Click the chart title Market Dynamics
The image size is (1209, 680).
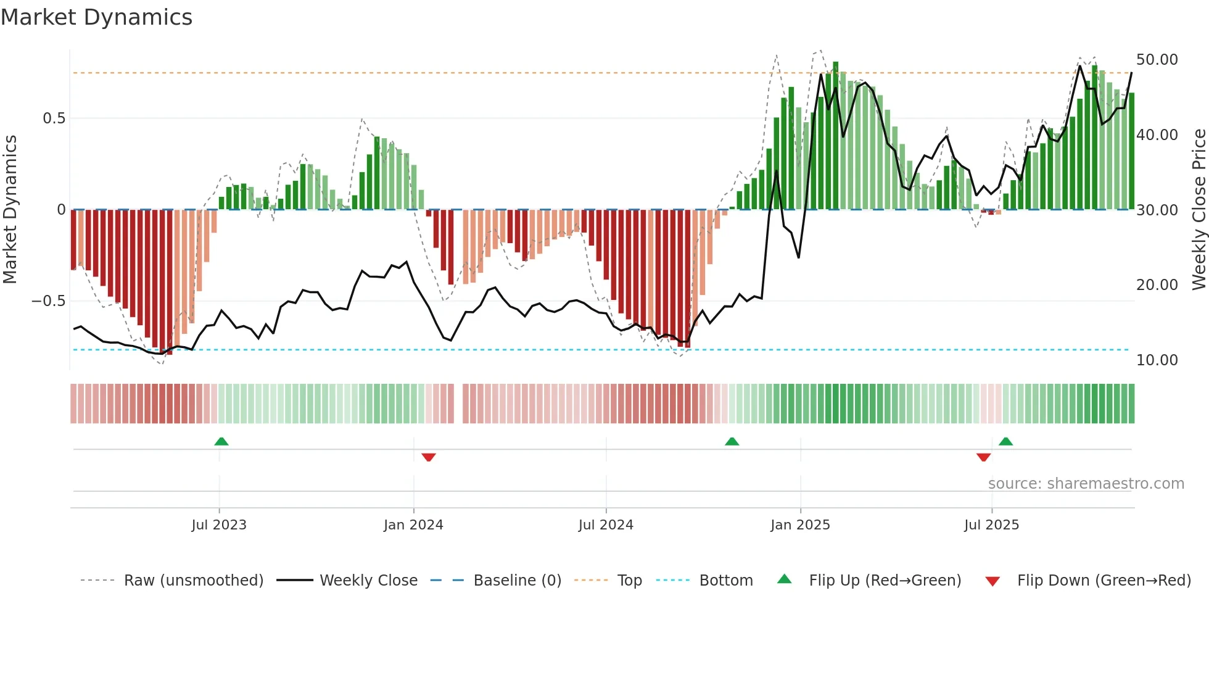pos(96,17)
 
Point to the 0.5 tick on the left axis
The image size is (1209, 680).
pos(54,118)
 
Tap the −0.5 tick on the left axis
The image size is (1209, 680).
pos(49,301)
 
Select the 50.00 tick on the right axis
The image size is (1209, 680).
pos(1157,60)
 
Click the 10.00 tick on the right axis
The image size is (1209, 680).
pos(1157,360)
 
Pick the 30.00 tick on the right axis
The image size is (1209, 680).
pos(1157,210)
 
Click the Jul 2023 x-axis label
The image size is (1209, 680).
pos(218,525)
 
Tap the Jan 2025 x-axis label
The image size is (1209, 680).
pos(800,525)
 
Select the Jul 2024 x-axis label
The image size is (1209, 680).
pos(606,525)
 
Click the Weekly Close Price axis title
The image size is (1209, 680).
pos(1199,210)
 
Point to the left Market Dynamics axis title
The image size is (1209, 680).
pos(10,210)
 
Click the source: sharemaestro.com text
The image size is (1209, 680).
pos(1086,484)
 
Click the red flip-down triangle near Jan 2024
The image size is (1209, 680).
pos(429,457)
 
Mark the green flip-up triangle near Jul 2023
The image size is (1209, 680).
pos(221,441)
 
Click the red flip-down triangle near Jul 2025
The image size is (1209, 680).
pos(984,457)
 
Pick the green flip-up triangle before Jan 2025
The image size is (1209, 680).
pos(732,441)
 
